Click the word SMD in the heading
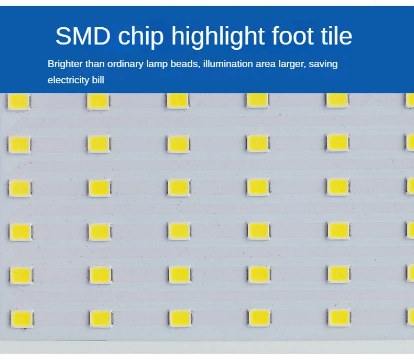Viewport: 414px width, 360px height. tap(82, 36)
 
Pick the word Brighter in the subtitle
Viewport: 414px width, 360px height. tap(64, 64)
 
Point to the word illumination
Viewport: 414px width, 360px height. tap(230, 64)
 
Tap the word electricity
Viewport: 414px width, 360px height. tap(68, 80)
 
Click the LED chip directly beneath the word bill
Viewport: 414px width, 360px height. tap(98, 101)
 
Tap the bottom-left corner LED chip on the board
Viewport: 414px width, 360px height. tap(21, 318)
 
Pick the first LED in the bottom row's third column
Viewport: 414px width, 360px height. tap(180, 317)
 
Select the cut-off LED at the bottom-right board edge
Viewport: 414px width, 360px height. tap(410, 316)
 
